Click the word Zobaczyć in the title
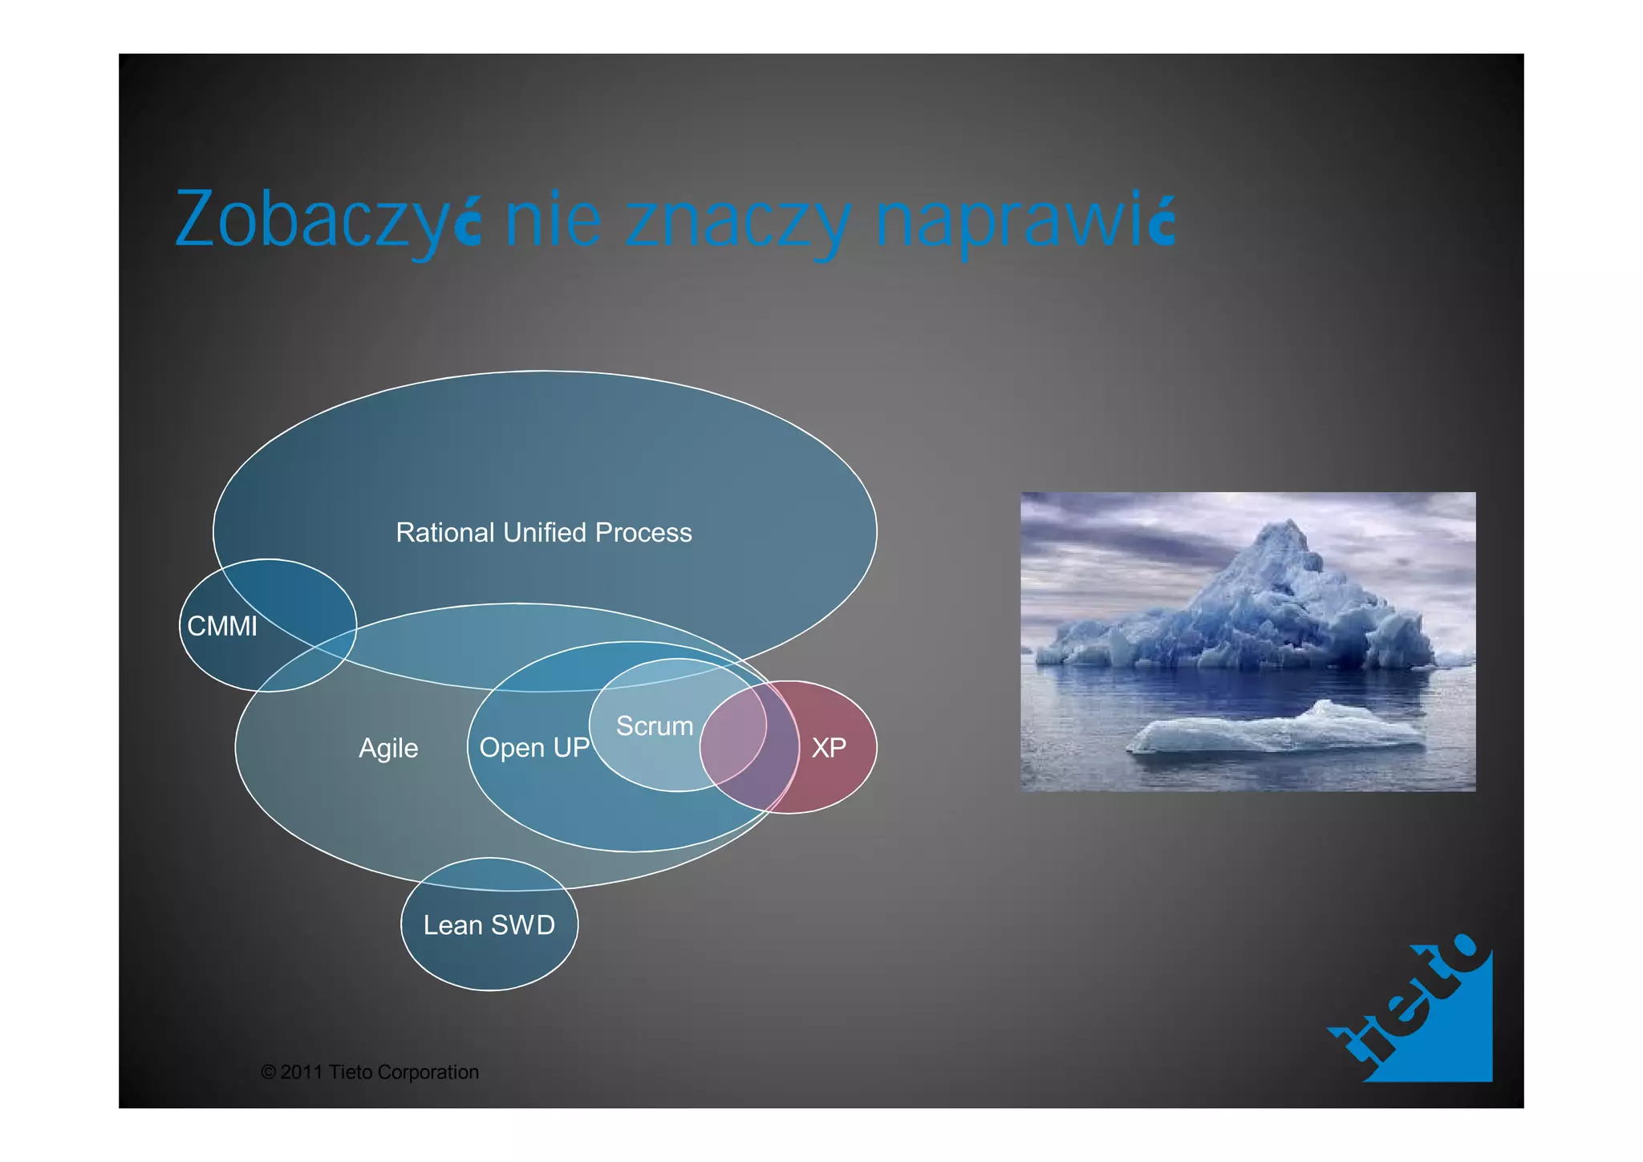click(327, 220)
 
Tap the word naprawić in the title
click(1024, 220)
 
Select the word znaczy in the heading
click(736, 221)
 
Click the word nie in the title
click(553, 220)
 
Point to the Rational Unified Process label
click(543, 533)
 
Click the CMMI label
click(222, 627)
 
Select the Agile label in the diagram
click(388, 748)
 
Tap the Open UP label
click(534, 748)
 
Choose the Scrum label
click(655, 726)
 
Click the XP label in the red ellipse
click(829, 748)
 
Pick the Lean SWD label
click(489, 925)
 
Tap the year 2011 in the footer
click(302, 1072)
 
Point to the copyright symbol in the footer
click(269, 1072)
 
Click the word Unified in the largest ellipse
click(545, 533)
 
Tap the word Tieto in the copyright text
click(350, 1072)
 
